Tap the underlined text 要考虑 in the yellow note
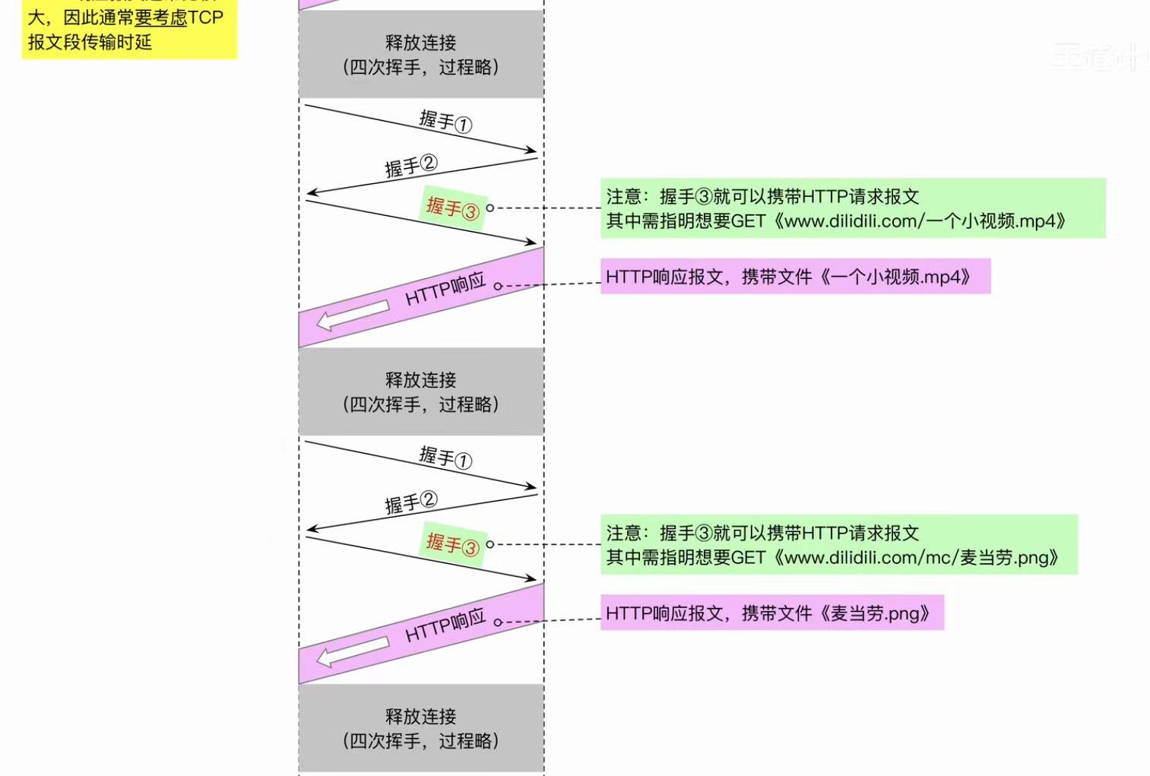160,17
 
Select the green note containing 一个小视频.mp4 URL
852,208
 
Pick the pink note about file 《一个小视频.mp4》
795,277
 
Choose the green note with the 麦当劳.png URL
838,545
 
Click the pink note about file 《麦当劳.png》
771,613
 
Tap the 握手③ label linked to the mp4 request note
452,207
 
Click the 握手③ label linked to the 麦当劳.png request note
452,543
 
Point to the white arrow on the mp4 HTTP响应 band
352,314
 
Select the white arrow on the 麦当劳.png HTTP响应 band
352,651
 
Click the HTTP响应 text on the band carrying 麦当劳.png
445,626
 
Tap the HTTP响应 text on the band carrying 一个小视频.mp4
445,289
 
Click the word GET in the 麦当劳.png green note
748,558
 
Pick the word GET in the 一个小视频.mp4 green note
748,221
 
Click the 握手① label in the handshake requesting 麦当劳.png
445,458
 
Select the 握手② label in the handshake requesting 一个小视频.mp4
410,166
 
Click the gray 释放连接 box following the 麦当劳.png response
421,728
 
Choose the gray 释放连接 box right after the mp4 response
421,391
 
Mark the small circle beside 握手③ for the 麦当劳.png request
490,544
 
